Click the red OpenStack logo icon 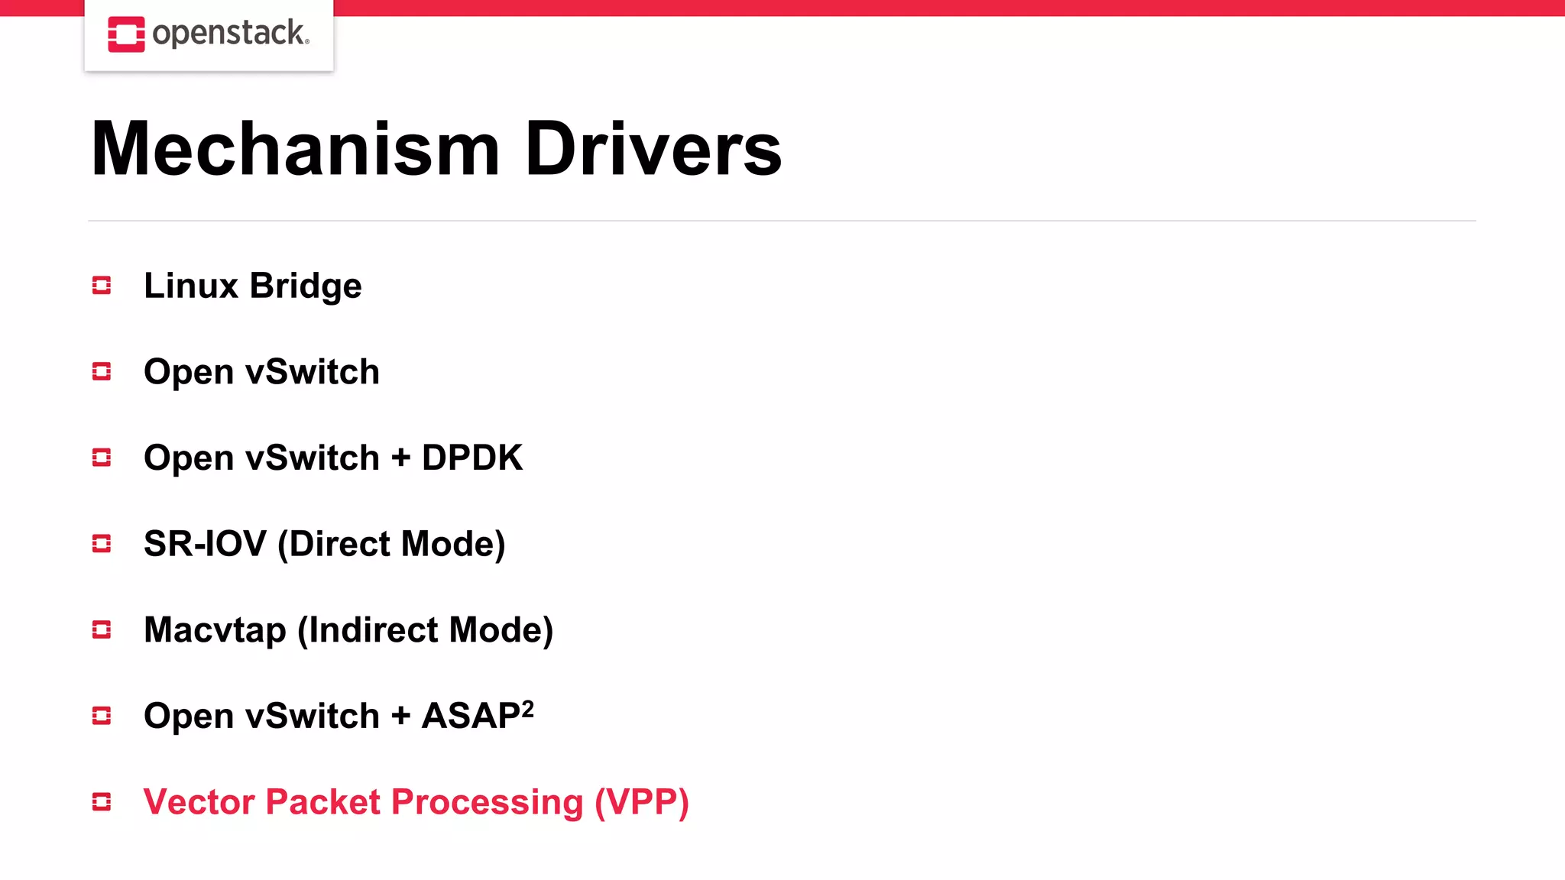pos(126,34)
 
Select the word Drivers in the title pos(653,149)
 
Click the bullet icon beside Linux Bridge pos(102,286)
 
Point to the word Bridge pos(306,286)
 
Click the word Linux pos(191,286)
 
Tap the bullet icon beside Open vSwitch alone pos(102,372)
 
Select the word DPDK pos(471,458)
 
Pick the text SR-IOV pos(205,544)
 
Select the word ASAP pos(471,717)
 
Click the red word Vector pos(199,802)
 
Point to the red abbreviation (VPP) pos(642,803)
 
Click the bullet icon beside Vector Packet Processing pos(102,802)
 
